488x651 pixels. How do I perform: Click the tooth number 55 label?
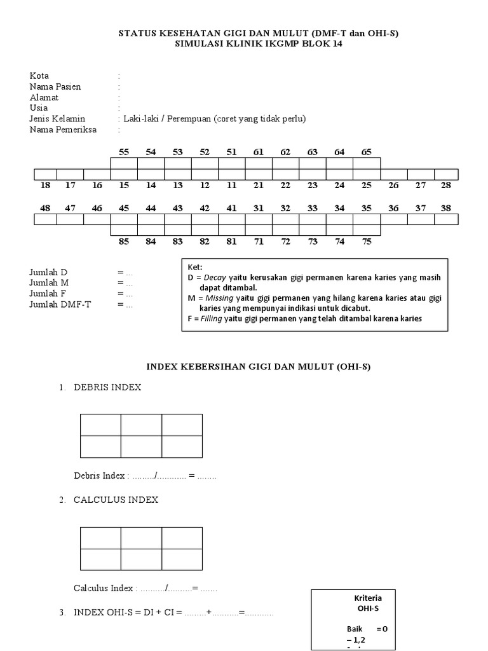point(124,152)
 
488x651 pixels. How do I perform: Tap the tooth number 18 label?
point(44,185)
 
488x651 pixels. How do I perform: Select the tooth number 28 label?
point(446,185)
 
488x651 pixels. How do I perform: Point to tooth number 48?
point(44,208)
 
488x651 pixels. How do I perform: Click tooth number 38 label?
point(446,208)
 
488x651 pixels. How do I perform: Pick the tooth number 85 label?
point(124,242)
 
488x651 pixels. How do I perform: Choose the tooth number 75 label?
point(367,242)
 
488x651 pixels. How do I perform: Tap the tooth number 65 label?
point(367,152)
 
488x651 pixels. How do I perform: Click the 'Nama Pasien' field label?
point(55,86)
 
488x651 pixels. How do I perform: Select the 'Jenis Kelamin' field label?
point(57,119)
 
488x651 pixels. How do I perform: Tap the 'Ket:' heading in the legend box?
point(194,268)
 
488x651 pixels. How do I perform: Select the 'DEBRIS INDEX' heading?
point(107,387)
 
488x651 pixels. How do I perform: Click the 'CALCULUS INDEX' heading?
point(116,500)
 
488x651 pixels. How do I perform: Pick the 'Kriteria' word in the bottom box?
point(369,598)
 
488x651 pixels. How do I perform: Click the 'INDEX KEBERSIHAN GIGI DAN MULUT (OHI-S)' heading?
point(259,367)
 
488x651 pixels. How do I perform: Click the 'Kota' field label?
point(39,76)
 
